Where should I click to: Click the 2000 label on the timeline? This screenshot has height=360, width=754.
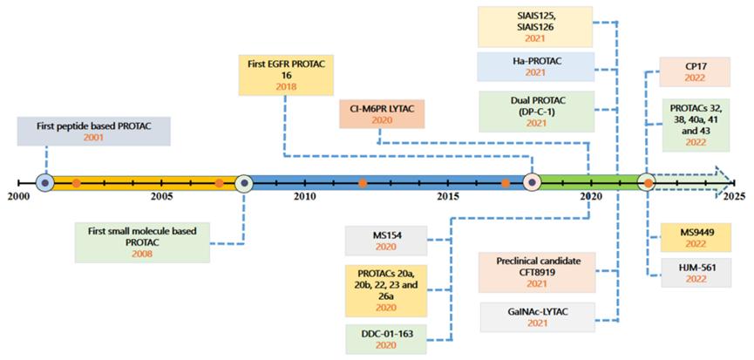(x=17, y=198)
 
